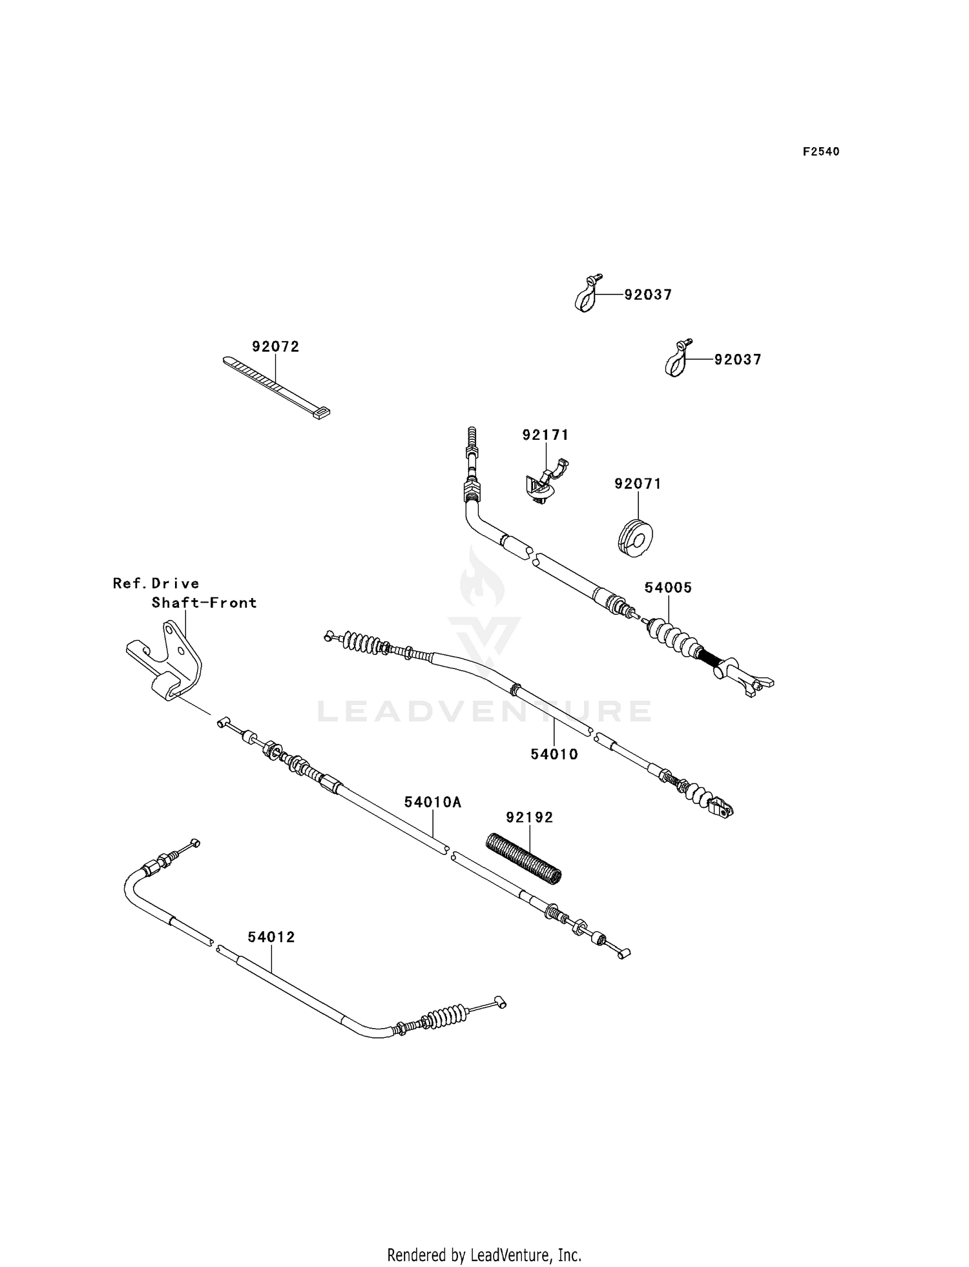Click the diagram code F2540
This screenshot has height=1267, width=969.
(x=821, y=152)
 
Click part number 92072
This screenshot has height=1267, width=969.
(x=276, y=347)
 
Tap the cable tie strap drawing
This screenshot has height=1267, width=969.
(x=276, y=388)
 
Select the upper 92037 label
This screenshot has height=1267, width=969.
(x=648, y=295)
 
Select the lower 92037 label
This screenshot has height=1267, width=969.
(x=738, y=360)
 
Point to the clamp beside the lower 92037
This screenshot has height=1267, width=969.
(x=678, y=359)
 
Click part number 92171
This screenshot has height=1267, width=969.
(x=546, y=435)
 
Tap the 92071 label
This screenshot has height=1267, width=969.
(x=638, y=484)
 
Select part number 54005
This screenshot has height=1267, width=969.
(x=668, y=588)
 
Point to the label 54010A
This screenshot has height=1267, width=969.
(x=433, y=802)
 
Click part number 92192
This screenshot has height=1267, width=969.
(x=530, y=818)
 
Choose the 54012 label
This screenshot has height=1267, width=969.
(x=271, y=937)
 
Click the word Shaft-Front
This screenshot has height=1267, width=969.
(x=204, y=603)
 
